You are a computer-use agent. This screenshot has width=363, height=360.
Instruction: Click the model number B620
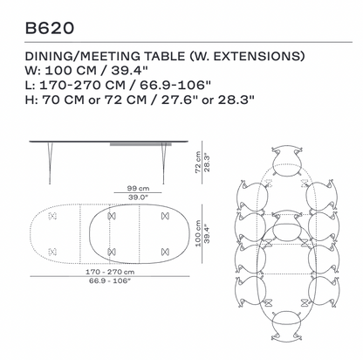click(x=50, y=28)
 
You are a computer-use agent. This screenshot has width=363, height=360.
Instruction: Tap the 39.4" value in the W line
click(x=130, y=71)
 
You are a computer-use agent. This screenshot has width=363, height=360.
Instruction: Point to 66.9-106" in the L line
click(x=175, y=85)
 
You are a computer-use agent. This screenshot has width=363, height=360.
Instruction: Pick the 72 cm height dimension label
click(x=198, y=163)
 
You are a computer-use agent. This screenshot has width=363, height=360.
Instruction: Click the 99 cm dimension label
click(x=138, y=189)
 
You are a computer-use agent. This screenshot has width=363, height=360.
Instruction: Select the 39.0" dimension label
click(x=138, y=197)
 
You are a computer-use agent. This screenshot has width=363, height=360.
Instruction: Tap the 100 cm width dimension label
click(x=198, y=233)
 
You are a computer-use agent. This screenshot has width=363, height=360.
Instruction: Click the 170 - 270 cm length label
click(x=110, y=272)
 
